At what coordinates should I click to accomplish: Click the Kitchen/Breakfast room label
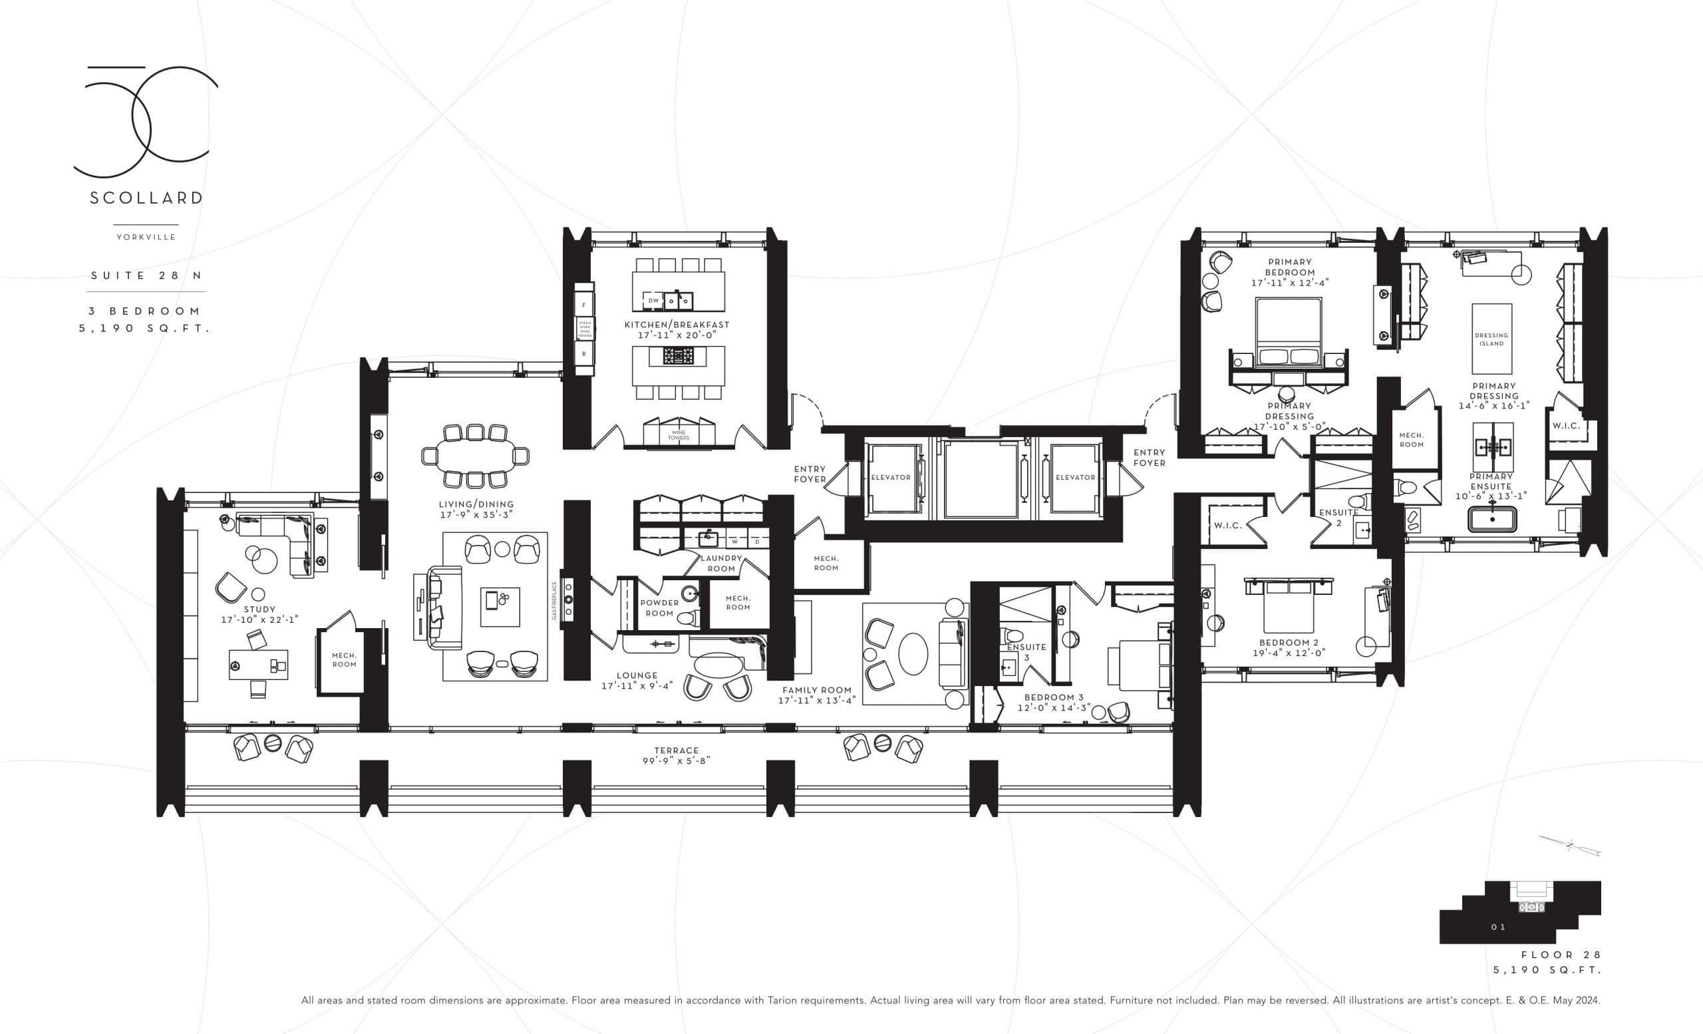tap(677, 324)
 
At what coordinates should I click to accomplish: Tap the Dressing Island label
tap(1491, 339)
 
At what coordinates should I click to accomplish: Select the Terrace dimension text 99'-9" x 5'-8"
tap(676, 761)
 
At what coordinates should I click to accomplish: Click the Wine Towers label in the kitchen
tap(678, 435)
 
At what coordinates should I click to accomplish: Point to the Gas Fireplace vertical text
tap(554, 600)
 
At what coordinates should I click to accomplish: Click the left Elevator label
tap(890, 478)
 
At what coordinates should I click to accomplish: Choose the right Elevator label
tap(1075, 478)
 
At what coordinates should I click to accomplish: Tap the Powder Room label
tap(659, 607)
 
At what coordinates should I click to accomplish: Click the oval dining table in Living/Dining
tap(475, 456)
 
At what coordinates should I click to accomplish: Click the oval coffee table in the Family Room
tap(912, 654)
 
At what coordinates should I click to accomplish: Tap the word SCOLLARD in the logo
tap(146, 198)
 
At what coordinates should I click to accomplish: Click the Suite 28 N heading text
tap(146, 275)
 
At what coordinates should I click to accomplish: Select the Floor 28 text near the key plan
tap(1560, 955)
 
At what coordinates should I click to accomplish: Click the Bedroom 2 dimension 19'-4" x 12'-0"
tap(1289, 653)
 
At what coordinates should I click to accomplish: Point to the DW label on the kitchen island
tap(653, 301)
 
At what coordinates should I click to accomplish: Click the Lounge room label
tap(637, 675)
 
